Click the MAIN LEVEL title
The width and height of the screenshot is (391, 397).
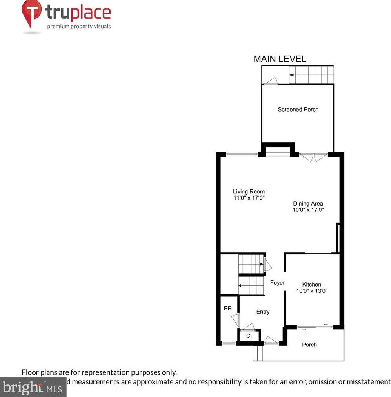pyautogui.click(x=280, y=59)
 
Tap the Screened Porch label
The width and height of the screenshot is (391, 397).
pyautogui.click(x=298, y=109)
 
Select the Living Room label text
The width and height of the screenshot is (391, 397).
pyautogui.click(x=249, y=191)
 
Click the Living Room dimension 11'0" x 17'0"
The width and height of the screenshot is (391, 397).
pyautogui.click(x=249, y=198)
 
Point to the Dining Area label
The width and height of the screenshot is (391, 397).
pyautogui.click(x=308, y=203)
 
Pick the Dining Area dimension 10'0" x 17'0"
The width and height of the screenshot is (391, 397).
pyautogui.click(x=308, y=210)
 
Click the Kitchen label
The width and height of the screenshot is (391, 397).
pyautogui.click(x=311, y=284)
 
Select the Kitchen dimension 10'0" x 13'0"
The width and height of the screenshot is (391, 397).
pyautogui.click(x=311, y=291)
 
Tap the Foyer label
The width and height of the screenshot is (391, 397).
pyautogui.click(x=277, y=283)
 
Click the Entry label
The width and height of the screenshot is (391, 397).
pyautogui.click(x=263, y=312)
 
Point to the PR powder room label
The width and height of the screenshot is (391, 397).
pyautogui.click(x=228, y=309)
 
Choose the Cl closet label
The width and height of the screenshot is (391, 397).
pyautogui.click(x=249, y=336)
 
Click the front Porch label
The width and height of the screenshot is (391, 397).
pyautogui.click(x=309, y=345)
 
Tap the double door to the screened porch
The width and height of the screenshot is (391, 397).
pyautogui.click(x=313, y=157)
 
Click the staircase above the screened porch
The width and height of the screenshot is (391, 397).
pyautogui.click(x=311, y=75)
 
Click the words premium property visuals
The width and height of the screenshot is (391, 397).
pyautogui.click(x=79, y=27)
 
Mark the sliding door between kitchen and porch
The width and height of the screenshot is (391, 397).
pyautogui.click(x=315, y=326)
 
